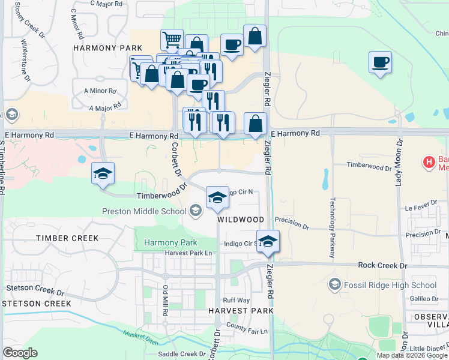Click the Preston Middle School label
(144, 211)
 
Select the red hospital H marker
(429, 162)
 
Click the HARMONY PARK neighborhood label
(107, 48)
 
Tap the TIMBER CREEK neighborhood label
(67, 238)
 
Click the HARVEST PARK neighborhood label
(241, 311)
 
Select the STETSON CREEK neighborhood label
(36, 304)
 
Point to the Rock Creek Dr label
(382, 265)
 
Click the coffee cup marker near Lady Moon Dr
(380, 62)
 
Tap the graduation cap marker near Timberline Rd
(103, 174)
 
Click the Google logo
(20, 352)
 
